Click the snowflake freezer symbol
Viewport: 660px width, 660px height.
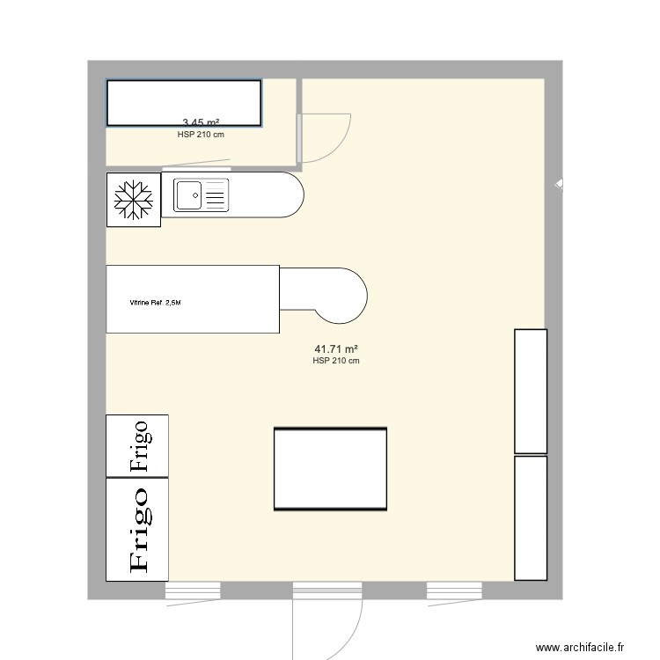[x=134, y=200]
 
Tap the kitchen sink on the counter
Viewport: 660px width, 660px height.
[x=202, y=194]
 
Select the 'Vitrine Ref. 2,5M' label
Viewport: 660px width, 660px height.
[x=155, y=304]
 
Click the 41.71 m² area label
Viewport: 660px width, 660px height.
[x=335, y=349]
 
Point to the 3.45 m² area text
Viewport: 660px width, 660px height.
[x=201, y=123]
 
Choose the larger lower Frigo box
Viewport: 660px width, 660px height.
[x=137, y=529]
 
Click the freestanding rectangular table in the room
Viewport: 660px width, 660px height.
[x=330, y=469]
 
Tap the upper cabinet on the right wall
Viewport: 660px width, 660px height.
[x=531, y=391]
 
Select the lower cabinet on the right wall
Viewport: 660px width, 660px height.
[x=531, y=517]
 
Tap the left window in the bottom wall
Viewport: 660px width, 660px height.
[x=193, y=590]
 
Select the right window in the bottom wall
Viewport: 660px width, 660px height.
[x=454, y=590]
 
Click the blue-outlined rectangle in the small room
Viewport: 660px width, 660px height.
[x=184, y=102]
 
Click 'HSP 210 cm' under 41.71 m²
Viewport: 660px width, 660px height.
[x=335, y=361]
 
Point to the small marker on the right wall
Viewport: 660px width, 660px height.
[x=560, y=185]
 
